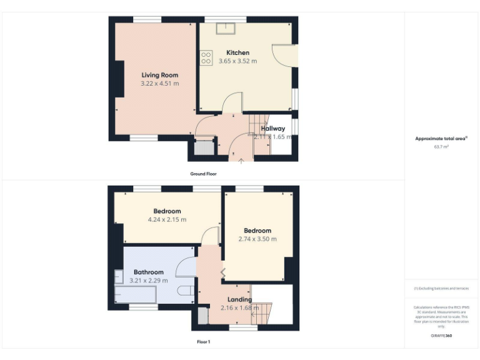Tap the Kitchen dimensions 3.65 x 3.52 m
(237, 61)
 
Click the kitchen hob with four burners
(206, 57)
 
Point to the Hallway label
(273, 129)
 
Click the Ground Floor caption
(204, 173)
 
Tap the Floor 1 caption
(204, 342)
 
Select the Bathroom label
(149, 272)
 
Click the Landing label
(239, 299)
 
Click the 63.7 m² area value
(441, 146)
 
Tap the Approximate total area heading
(441, 139)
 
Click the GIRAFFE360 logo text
(441, 336)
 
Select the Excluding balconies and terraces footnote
(441, 289)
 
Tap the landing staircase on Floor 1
(263, 312)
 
